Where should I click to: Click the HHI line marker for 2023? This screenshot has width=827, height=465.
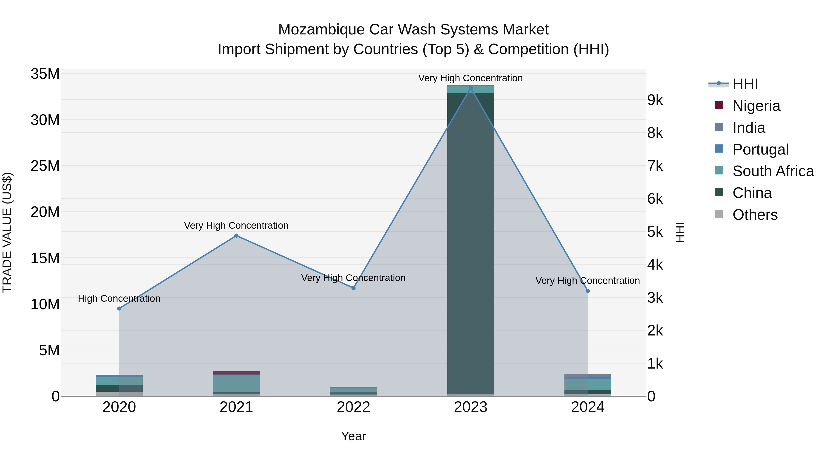click(471, 88)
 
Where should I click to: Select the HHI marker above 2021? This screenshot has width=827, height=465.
click(236, 236)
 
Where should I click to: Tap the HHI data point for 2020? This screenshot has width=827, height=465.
click(119, 308)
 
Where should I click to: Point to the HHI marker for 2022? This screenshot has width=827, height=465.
click(354, 288)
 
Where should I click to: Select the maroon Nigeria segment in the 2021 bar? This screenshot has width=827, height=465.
click(236, 373)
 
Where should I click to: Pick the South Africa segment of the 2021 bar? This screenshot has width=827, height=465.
click(236, 383)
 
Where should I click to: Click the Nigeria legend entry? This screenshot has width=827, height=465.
click(756, 106)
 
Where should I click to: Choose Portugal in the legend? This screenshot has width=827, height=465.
click(760, 149)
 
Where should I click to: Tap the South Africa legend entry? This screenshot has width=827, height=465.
click(773, 171)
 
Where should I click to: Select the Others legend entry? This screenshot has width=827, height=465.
click(755, 215)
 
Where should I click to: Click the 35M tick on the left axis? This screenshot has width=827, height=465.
click(45, 74)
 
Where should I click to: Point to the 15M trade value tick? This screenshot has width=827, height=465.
click(45, 258)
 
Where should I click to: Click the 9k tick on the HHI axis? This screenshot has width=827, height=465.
click(655, 100)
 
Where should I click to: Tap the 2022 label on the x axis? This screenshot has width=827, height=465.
click(354, 407)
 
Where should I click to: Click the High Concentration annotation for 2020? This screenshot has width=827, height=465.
click(119, 299)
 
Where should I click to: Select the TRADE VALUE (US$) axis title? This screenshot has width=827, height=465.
click(7, 232)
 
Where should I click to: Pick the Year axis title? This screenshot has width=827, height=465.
click(354, 436)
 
